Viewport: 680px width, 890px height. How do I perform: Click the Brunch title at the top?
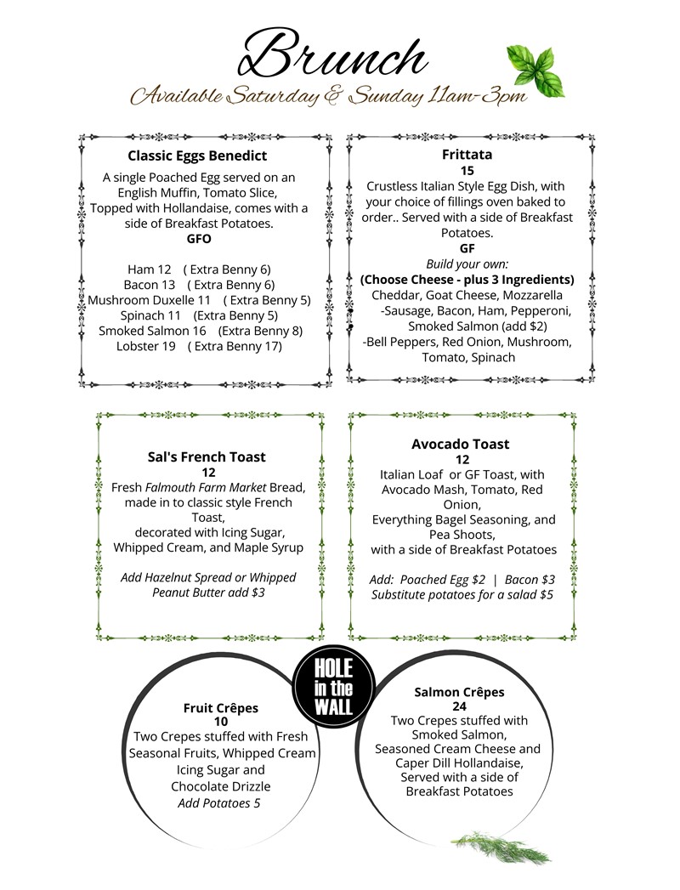click(x=332, y=55)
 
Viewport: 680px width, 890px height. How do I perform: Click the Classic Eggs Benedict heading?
click(x=197, y=156)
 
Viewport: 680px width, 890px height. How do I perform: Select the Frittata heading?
click(x=467, y=155)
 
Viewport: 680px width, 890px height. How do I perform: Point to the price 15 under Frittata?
click(x=467, y=171)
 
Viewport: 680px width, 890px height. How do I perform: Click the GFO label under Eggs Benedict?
click(x=199, y=239)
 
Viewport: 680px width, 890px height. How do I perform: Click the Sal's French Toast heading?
click(x=207, y=457)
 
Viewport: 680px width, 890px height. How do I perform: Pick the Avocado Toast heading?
click(x=460, y=444)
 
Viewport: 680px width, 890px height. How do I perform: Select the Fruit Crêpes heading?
click(x=220, y=707)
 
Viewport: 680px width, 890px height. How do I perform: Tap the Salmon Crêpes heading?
click(x=459, y=692)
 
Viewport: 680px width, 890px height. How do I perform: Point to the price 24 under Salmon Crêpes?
click(x=459, y=706)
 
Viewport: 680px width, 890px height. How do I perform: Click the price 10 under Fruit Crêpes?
click(x=220, y=721)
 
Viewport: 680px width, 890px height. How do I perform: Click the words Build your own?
click(x=466, y=264)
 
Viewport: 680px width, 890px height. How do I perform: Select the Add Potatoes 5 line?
click(x=219, y=802)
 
